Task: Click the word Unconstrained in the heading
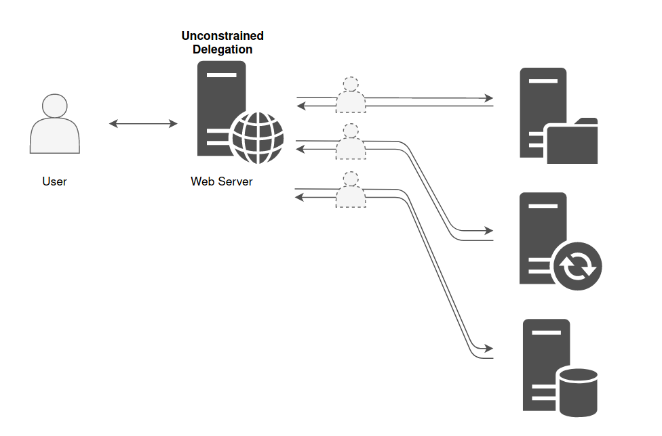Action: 222,36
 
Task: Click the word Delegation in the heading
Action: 222,49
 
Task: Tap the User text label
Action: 54,181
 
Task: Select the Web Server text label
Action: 222,181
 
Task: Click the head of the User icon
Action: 54,106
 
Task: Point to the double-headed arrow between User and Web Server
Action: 143,123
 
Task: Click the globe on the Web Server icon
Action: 257,137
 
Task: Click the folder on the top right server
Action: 572,141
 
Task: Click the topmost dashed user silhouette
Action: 351,95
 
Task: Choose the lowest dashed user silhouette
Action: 351,190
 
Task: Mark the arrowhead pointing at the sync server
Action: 489,231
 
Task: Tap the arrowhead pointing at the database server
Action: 489,349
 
